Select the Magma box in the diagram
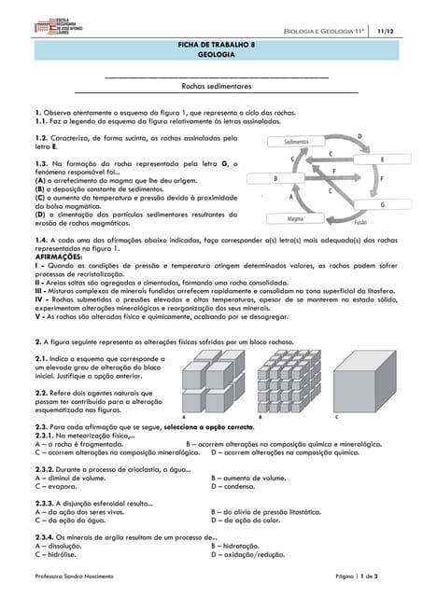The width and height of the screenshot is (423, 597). pos(295,218)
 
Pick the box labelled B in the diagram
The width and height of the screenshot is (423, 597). pos(275,177)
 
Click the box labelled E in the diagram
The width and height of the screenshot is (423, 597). pos(382,159)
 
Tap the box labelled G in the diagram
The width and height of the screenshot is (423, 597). pos(382,203)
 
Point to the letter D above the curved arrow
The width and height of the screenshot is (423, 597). pos(360,136)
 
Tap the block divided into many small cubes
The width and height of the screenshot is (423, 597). pos(289,381)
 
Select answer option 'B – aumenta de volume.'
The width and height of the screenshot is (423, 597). pos(247,478)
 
